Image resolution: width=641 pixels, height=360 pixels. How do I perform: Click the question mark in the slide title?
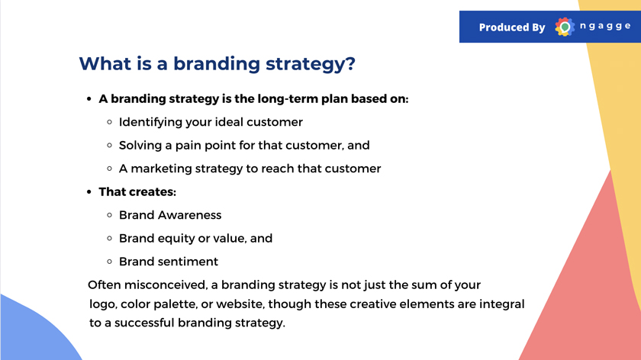pos(350,63)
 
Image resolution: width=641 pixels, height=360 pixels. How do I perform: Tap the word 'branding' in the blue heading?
pos(216,65)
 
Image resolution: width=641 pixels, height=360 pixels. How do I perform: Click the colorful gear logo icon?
pos(565,27)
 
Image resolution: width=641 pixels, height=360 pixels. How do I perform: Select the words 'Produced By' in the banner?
pos(512,27)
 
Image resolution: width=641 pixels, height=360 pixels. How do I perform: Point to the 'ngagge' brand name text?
pos(605,27)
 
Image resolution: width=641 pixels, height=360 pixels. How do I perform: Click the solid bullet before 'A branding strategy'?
pos(89,99)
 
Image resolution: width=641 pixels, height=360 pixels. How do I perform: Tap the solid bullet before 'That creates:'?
pos(89,191)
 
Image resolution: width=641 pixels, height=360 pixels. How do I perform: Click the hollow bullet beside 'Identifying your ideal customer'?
pos(109,122)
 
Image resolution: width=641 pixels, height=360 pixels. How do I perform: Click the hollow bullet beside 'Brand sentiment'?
pos(109,262)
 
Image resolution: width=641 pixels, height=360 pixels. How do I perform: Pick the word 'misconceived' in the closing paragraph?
pos(166,284)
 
